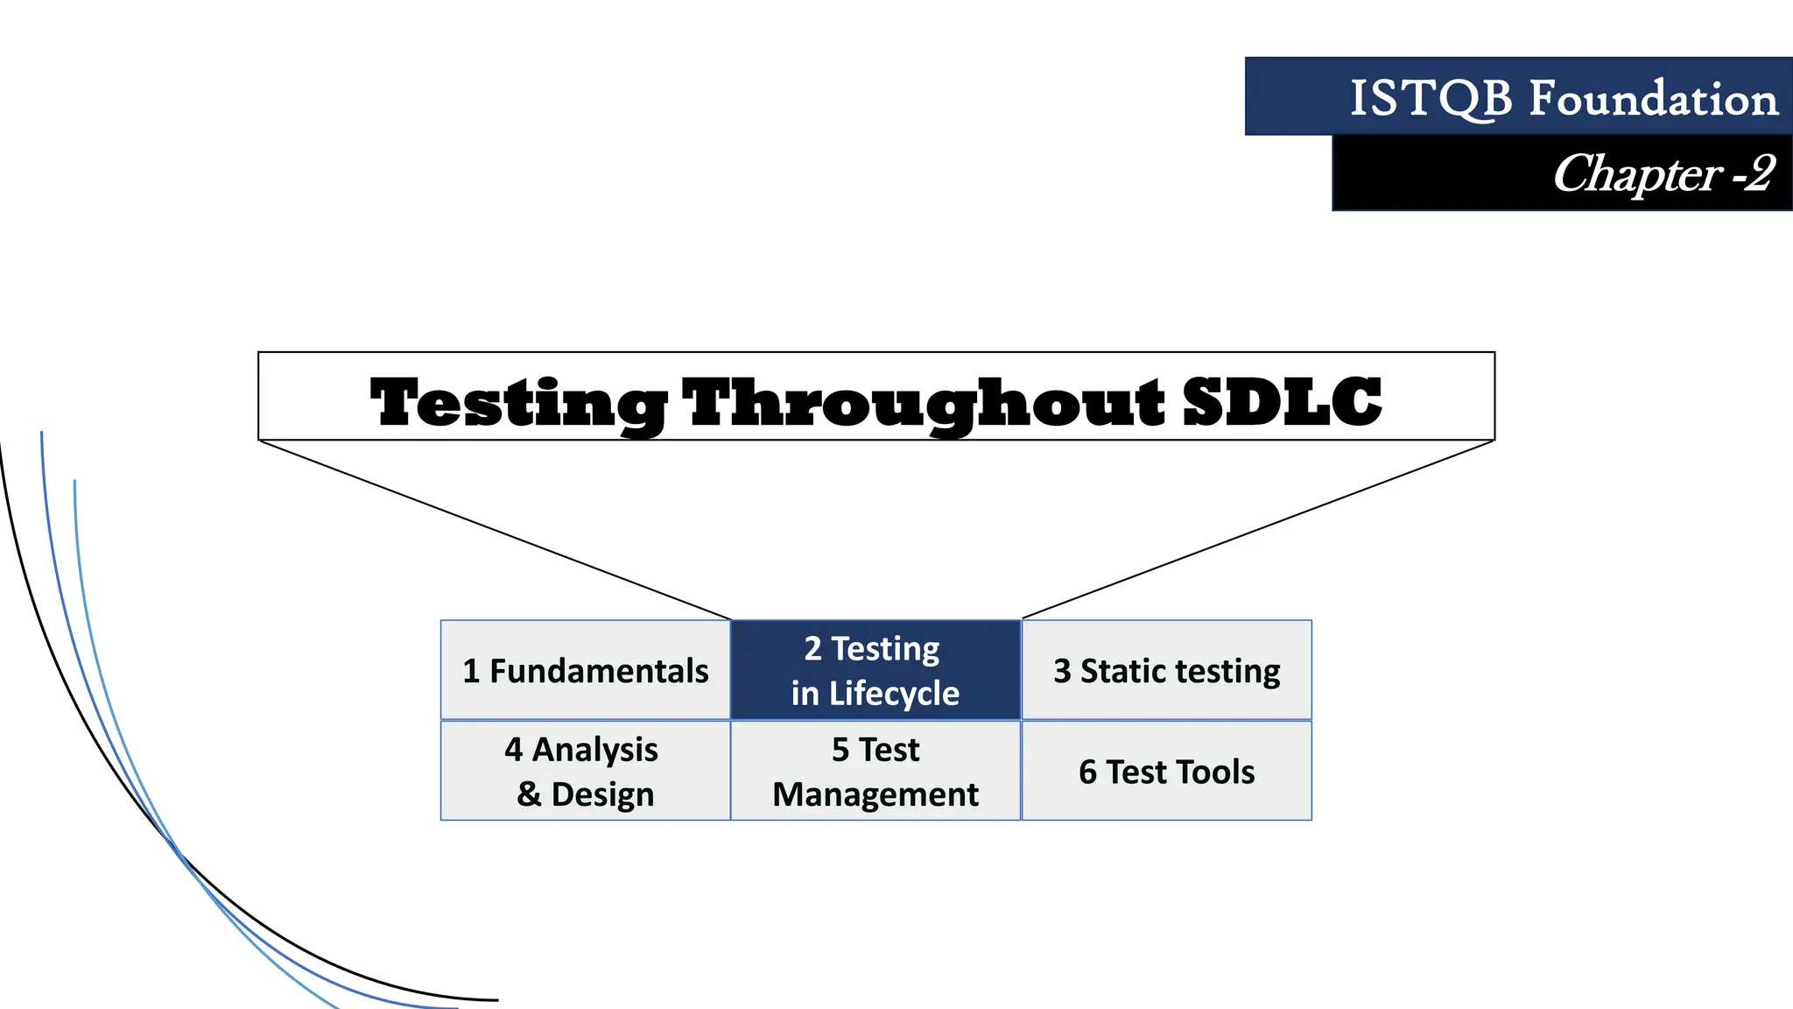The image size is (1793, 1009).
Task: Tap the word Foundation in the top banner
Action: tap(1653, 98)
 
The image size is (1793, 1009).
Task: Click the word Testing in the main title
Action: tap(518, 403)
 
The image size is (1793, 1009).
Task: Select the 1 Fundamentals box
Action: tap(585, 671)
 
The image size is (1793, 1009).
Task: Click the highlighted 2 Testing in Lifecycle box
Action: tap(875, 671)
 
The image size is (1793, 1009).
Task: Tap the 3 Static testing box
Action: tap(1166, 671)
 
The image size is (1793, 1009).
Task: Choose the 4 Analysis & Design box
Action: tap(585, 772)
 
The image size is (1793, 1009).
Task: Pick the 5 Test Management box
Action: tap(875, 772)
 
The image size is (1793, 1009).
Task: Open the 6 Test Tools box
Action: tap(1166, 772)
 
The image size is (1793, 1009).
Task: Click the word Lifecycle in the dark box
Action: tap(894, 694)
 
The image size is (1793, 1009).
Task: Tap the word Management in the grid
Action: tap(875, 794)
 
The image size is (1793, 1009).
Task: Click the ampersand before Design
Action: tap(529, 794)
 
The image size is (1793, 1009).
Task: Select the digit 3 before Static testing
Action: tap(1062, 671)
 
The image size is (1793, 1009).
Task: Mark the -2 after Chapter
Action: tap(1754, 173)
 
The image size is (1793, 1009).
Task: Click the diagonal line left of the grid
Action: tap(495, 529)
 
